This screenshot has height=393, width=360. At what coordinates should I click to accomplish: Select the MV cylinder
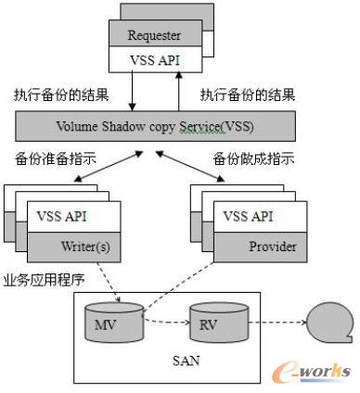pos(105,323)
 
